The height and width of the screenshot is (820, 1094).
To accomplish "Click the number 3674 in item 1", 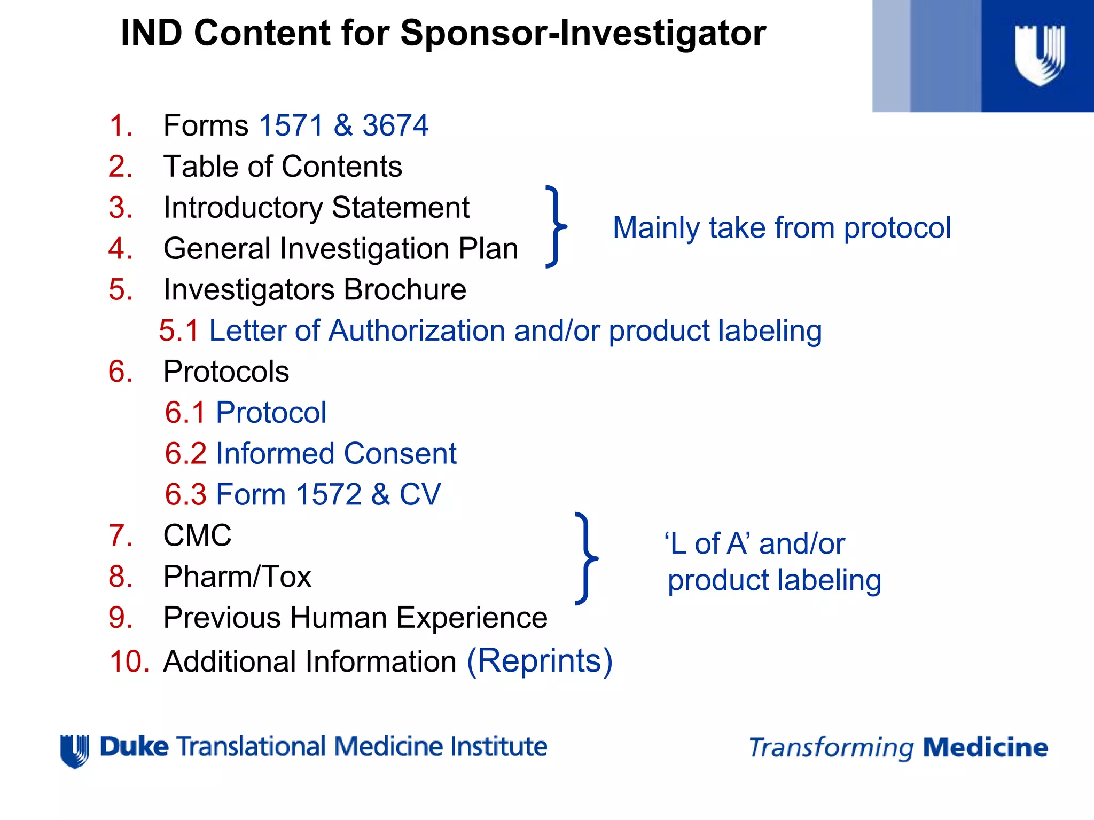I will (x=395, y=125).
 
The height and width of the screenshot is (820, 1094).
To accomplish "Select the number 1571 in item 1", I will (x=291, y=125).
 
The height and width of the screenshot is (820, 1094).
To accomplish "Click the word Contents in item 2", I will (x=341, y=167).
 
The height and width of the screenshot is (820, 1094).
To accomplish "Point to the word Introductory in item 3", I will (x=243, y=208).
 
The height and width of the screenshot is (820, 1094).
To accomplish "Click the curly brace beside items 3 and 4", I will (x=556, y=226).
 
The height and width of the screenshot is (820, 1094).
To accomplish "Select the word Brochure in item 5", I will (x=404, y=290).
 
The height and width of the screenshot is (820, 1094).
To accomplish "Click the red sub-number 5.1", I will (x=179, y=330).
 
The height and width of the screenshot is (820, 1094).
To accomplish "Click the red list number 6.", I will (x=120, y=372).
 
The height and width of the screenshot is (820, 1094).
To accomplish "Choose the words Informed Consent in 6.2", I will (x=336, y=454).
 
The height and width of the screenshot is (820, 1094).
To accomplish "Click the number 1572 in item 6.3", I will (x=328, y=494).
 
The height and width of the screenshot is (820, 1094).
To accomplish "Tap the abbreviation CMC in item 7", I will (x=197, y=535).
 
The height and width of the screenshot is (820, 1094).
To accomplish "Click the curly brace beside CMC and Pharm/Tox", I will (x=586, y=558).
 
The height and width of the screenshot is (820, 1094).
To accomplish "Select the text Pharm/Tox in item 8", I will (x=237, y=577).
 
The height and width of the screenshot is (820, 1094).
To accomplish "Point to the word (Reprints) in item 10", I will (x=540, y=661).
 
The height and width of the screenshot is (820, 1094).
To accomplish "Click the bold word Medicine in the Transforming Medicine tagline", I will (x=985, y=747).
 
